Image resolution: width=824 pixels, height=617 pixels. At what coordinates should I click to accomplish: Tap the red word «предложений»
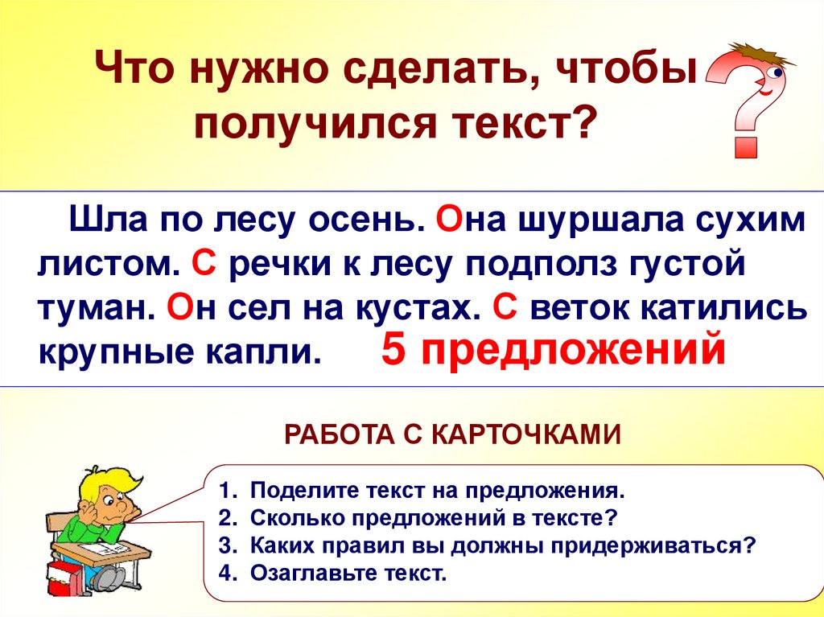pos(567,352)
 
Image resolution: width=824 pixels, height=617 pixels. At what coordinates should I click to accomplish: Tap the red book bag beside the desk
pos(62,578)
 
